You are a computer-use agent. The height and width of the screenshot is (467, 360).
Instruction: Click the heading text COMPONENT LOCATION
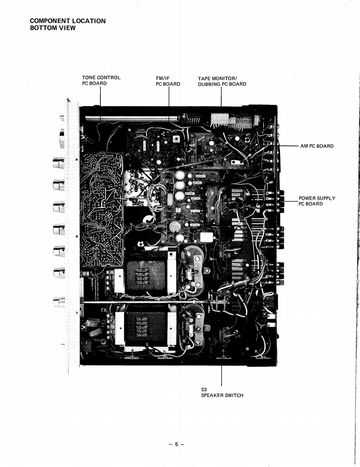pos(68,21)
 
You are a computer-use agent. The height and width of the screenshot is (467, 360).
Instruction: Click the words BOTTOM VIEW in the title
pos(53,28)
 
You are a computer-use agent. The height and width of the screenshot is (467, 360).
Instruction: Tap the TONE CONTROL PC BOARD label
pos(101,80)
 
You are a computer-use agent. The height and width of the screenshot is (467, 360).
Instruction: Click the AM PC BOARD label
pos(317,146)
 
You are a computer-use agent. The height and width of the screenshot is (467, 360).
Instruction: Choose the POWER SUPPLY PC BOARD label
pos(317,201)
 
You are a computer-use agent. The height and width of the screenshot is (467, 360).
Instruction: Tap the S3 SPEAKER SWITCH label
pos(222,392)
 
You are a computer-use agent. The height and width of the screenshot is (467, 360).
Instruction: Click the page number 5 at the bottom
pos(176,444)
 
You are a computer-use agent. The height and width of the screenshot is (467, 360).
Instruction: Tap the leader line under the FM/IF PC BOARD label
pos(169,98)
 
